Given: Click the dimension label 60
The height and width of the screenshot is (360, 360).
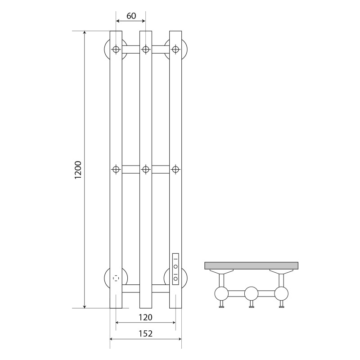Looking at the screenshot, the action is (x=131, y=16).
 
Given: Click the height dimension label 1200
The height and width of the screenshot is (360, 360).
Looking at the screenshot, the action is (x=78, y=170).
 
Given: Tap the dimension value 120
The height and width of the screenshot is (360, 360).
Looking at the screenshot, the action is (x=145, y=317).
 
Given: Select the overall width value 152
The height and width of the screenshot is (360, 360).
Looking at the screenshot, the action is (x=145, y=333).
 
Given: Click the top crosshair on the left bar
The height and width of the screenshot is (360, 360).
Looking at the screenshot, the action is (x=116, y=49).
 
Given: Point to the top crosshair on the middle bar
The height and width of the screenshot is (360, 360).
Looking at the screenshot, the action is (x=146, y=49).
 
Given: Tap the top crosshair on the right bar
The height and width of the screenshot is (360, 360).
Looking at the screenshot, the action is (x=175, y=49).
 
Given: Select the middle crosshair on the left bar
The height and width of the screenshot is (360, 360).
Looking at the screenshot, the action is (x=116, y=170).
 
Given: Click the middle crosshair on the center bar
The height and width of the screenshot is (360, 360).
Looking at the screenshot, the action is (x=146, y=170).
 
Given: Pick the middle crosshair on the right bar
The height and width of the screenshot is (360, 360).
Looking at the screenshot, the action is (x=175, y=170).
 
